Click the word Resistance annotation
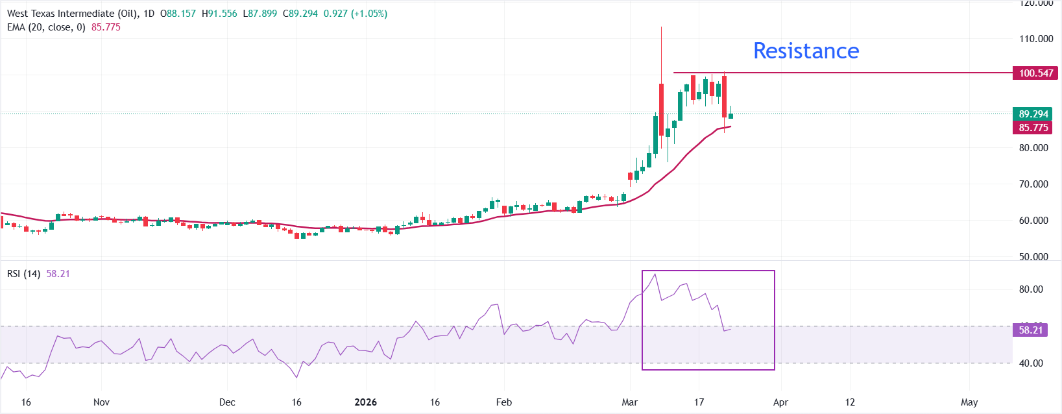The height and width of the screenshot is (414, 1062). coord(806,51)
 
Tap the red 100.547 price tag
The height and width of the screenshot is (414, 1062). coord(1035,73)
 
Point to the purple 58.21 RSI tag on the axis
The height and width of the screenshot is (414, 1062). coord(1030,330)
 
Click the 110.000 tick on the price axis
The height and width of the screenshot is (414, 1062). coord(1036,39)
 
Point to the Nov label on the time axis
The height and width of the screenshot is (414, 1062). coord(101,402)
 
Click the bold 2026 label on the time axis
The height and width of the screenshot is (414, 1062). coord(365,402)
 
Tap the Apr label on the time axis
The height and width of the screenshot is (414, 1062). coord(780,402)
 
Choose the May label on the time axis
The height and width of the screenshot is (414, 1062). coord(969,402)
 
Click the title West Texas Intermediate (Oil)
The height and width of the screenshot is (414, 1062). coord(72,14)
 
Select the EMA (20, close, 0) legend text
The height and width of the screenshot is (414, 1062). coord(46,27)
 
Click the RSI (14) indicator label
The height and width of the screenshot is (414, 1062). coord(23,274)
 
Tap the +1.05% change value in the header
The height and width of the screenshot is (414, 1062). coord(369,14)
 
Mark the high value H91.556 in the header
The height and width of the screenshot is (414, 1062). coord(219,14)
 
